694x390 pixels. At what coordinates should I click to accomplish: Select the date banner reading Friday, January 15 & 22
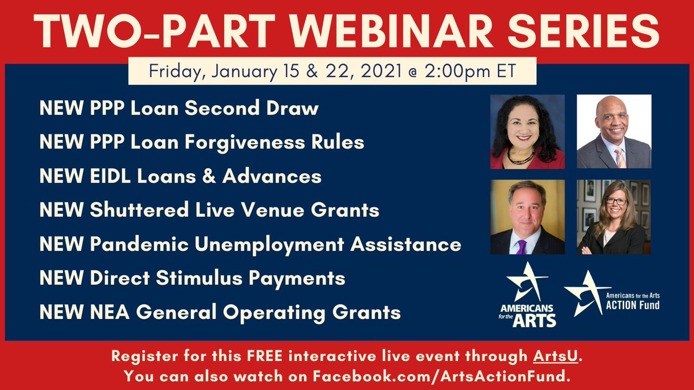[x=332, y=72]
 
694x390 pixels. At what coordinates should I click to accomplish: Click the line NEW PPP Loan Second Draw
[x=179, y=108]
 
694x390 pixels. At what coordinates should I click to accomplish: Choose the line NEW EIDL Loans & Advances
[x=180, y=176]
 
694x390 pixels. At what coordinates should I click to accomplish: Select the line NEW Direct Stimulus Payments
[x=192, y=278]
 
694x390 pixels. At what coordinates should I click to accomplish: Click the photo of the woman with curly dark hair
[x=527, y=132]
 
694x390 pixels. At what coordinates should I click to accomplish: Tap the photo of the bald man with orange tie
[x=614, y=132]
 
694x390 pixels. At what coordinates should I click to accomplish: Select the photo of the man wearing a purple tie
[x=527, y=217]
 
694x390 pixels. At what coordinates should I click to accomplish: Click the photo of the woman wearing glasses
[x=614, y=217]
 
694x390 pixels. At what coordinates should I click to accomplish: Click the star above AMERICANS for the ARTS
[x=526, y=281]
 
